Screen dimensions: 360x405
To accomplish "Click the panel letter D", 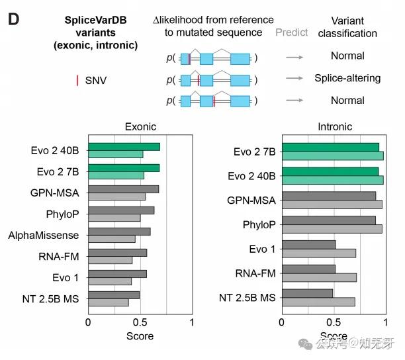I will pos(13,19).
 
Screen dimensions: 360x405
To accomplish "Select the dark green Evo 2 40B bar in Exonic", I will pos(124,147).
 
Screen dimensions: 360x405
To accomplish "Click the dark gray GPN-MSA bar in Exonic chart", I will pos(123,189).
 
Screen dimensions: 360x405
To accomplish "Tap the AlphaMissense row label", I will pos(44,235).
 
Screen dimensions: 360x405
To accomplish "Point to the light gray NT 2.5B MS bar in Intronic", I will pos(318,302).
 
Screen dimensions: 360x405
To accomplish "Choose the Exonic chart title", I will pos(141,127).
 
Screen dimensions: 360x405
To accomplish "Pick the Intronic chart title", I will pos(335,127).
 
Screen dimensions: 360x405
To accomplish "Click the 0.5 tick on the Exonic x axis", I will pos(140,322).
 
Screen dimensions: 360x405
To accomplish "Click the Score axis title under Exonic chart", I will pos(140,336).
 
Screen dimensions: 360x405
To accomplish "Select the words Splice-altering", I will pos(347,78).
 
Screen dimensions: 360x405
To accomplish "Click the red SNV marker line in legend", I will pos(78,81).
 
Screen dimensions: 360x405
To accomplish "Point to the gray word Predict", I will pos(291,32).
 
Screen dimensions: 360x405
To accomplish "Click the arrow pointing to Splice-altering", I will pos(294,79).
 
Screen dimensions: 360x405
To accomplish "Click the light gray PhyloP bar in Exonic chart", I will pos(114,218).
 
